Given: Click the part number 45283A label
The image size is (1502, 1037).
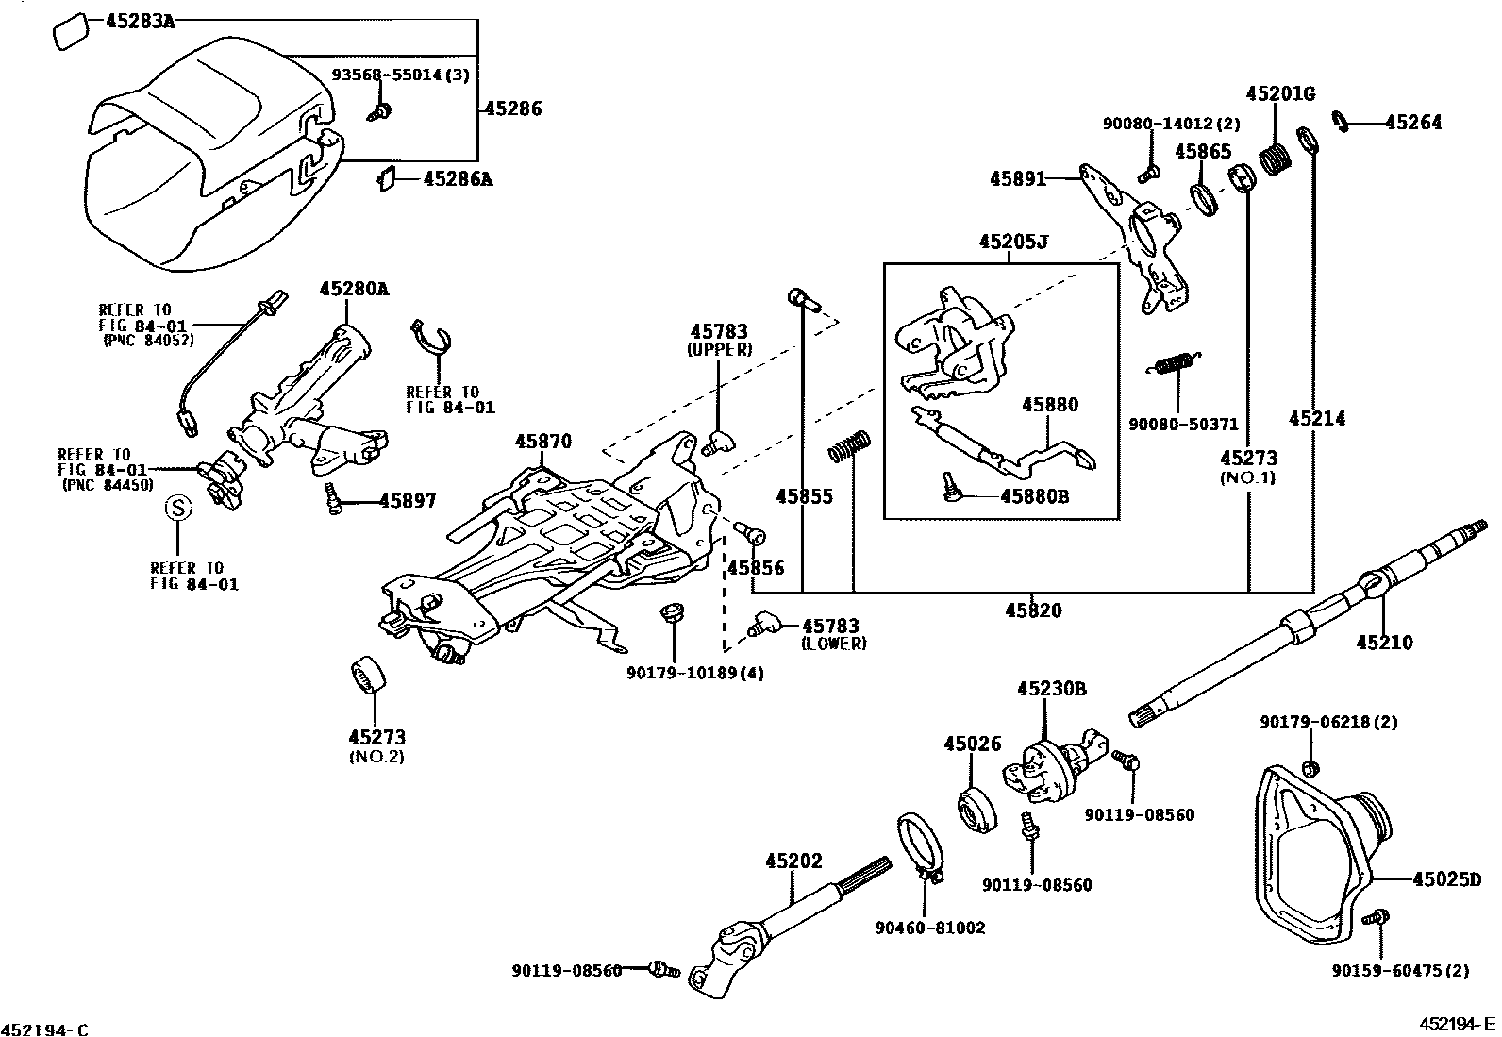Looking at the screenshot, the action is click(141, 22).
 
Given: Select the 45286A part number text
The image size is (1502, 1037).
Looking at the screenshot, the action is click(458, 179).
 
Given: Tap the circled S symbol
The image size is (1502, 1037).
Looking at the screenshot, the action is click(178, 508).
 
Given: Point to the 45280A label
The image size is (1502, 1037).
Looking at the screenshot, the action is click(354, 289).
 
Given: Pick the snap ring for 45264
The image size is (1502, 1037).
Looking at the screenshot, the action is click(1340, 121).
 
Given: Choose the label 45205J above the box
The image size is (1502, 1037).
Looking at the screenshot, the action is click(1013, 242).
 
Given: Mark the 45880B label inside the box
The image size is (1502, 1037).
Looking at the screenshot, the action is click(1035, 496).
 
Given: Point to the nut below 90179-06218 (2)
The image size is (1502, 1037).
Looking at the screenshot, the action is click(1309, 768).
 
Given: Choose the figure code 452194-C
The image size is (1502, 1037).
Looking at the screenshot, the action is click(44, 1029).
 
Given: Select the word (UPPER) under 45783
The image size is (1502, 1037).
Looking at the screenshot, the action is click(720, 350).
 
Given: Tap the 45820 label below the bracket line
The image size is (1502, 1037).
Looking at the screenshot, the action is click(1033, 610).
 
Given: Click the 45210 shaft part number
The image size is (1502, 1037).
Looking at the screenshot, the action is click(1385, 642).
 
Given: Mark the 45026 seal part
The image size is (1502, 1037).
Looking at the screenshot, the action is click(978, 811).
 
